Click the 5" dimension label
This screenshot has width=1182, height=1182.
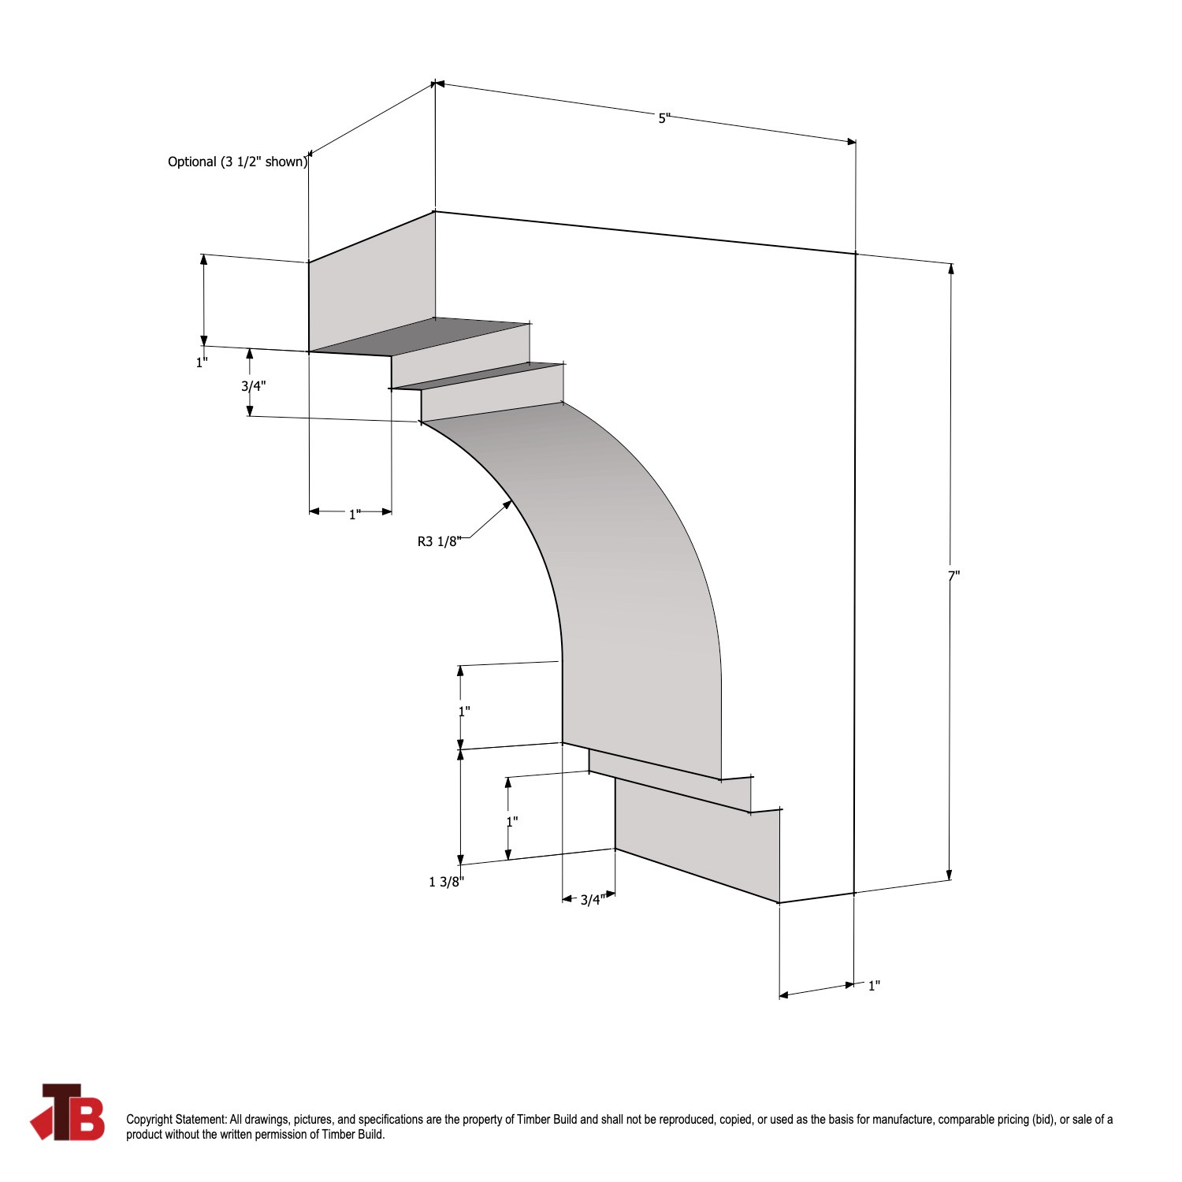pos(663,118)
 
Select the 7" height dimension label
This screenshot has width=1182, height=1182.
pos(953,576)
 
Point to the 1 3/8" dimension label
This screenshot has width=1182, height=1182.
pos(446,882)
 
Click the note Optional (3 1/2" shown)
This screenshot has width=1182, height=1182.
pos(237,162)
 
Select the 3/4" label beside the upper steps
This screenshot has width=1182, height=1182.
pos(253,386)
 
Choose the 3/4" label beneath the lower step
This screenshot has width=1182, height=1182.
pos(593,900)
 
